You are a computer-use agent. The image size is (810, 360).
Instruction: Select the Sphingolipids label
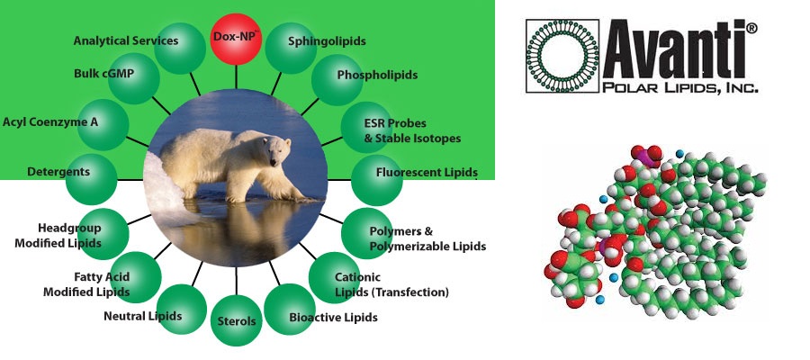[327, 41]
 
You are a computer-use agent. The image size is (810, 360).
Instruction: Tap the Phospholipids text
[377, 75]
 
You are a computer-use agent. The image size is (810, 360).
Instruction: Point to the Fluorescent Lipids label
[427, 172]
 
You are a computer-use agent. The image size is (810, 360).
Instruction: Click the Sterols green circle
[237, 320]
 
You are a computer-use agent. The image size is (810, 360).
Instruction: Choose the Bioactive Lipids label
[333, 317]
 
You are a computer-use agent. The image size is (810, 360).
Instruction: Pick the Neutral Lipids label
[142, 316]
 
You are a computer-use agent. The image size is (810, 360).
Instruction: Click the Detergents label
[58, 172]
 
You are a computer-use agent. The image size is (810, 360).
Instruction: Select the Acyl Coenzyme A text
[50, 122]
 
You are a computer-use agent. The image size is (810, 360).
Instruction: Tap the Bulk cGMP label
[103, 73]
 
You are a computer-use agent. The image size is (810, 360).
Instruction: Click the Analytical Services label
[125, 40]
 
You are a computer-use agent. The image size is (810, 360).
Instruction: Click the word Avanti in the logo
[673, 49]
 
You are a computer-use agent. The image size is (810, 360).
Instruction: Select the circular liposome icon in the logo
[562, 56]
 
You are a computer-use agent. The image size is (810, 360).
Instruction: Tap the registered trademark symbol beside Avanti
[751, 28]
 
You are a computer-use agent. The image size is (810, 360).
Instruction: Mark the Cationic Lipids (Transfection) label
[391, 284]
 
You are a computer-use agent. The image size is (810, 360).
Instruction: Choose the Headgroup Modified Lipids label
[58, 236]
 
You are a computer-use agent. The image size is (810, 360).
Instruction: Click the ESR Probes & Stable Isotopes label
[412, 131]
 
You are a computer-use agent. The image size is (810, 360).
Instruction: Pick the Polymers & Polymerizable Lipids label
[427, 238]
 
